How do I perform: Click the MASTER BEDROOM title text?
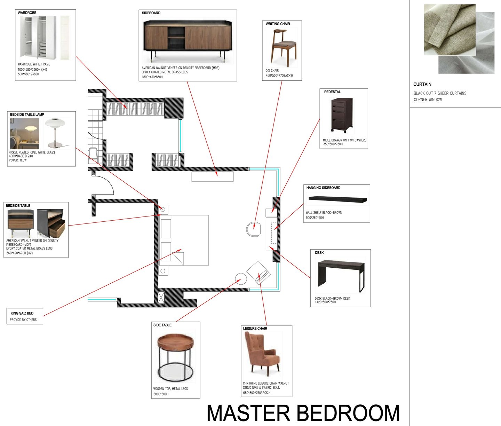tap(303, 413)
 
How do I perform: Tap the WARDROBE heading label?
tap(27, 13)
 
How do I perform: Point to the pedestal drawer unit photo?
tap(342, 116)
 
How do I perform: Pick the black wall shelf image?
tap(337, 199)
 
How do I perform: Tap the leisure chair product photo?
tap(262, 354)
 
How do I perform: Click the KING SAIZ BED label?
tap(22, 313)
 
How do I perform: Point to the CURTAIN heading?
tap(422, 84)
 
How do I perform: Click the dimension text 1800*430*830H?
tap(152, 77)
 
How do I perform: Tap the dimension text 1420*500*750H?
tap(325, 302)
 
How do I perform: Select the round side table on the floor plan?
tap(241, 279)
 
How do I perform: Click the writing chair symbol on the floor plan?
tap(254, 229)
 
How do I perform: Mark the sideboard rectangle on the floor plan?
tap(213, 176)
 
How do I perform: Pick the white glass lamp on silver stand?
tap(57, 133)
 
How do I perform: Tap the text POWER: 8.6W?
tap(18, 160)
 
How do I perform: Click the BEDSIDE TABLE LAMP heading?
tap(27, 115)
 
